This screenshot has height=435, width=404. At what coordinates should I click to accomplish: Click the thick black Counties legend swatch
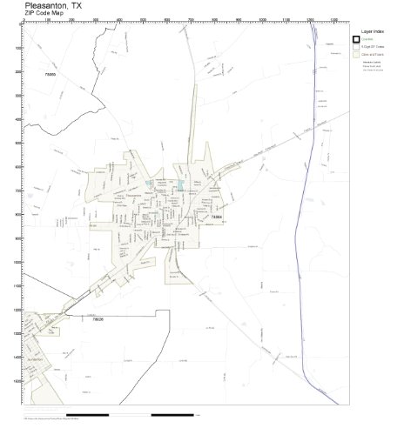pyautogui.click(x=356, y=40)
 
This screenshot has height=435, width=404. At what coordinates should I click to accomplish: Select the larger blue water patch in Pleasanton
pyautogui.click(x=180, y=184)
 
